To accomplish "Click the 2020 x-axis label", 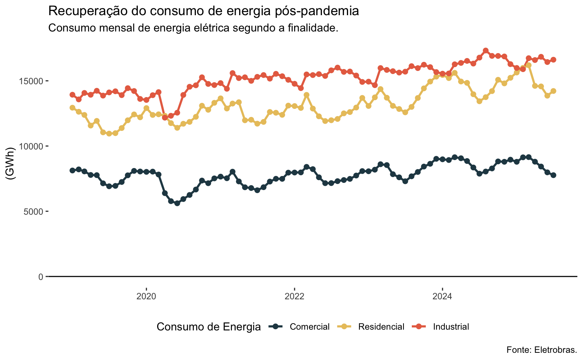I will click(146, 296).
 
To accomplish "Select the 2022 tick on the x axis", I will click(294, 296).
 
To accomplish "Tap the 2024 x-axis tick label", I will click(442, 296).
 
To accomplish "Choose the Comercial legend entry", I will click(309, 327).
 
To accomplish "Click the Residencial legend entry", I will click(381, 327).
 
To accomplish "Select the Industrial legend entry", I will click(451, 327).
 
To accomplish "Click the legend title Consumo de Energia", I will click(208, 327).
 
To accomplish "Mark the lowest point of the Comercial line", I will click(177, 203).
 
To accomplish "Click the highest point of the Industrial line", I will click(485, 51).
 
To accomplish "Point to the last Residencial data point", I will click(553, 91).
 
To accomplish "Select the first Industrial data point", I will click(72, 94).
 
